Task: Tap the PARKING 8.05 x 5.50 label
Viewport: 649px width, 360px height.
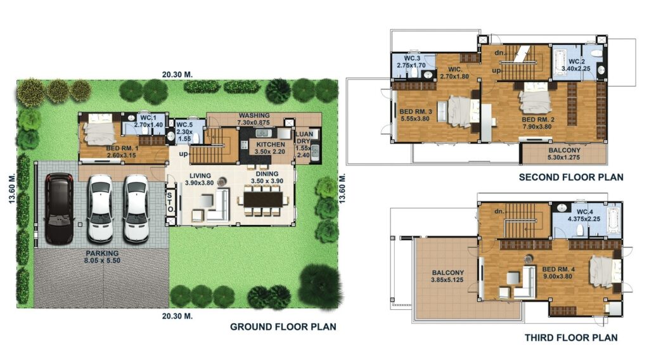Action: coord(101,255)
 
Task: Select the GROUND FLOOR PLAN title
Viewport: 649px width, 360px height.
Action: coord(283,327)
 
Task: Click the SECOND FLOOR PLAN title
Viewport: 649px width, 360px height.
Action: coord(570,177)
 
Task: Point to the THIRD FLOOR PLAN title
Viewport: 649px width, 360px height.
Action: coord(571,338)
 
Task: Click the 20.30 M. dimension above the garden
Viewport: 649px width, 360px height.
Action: coord(177,74)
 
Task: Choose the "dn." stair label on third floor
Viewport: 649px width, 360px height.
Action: coord(499,211)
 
